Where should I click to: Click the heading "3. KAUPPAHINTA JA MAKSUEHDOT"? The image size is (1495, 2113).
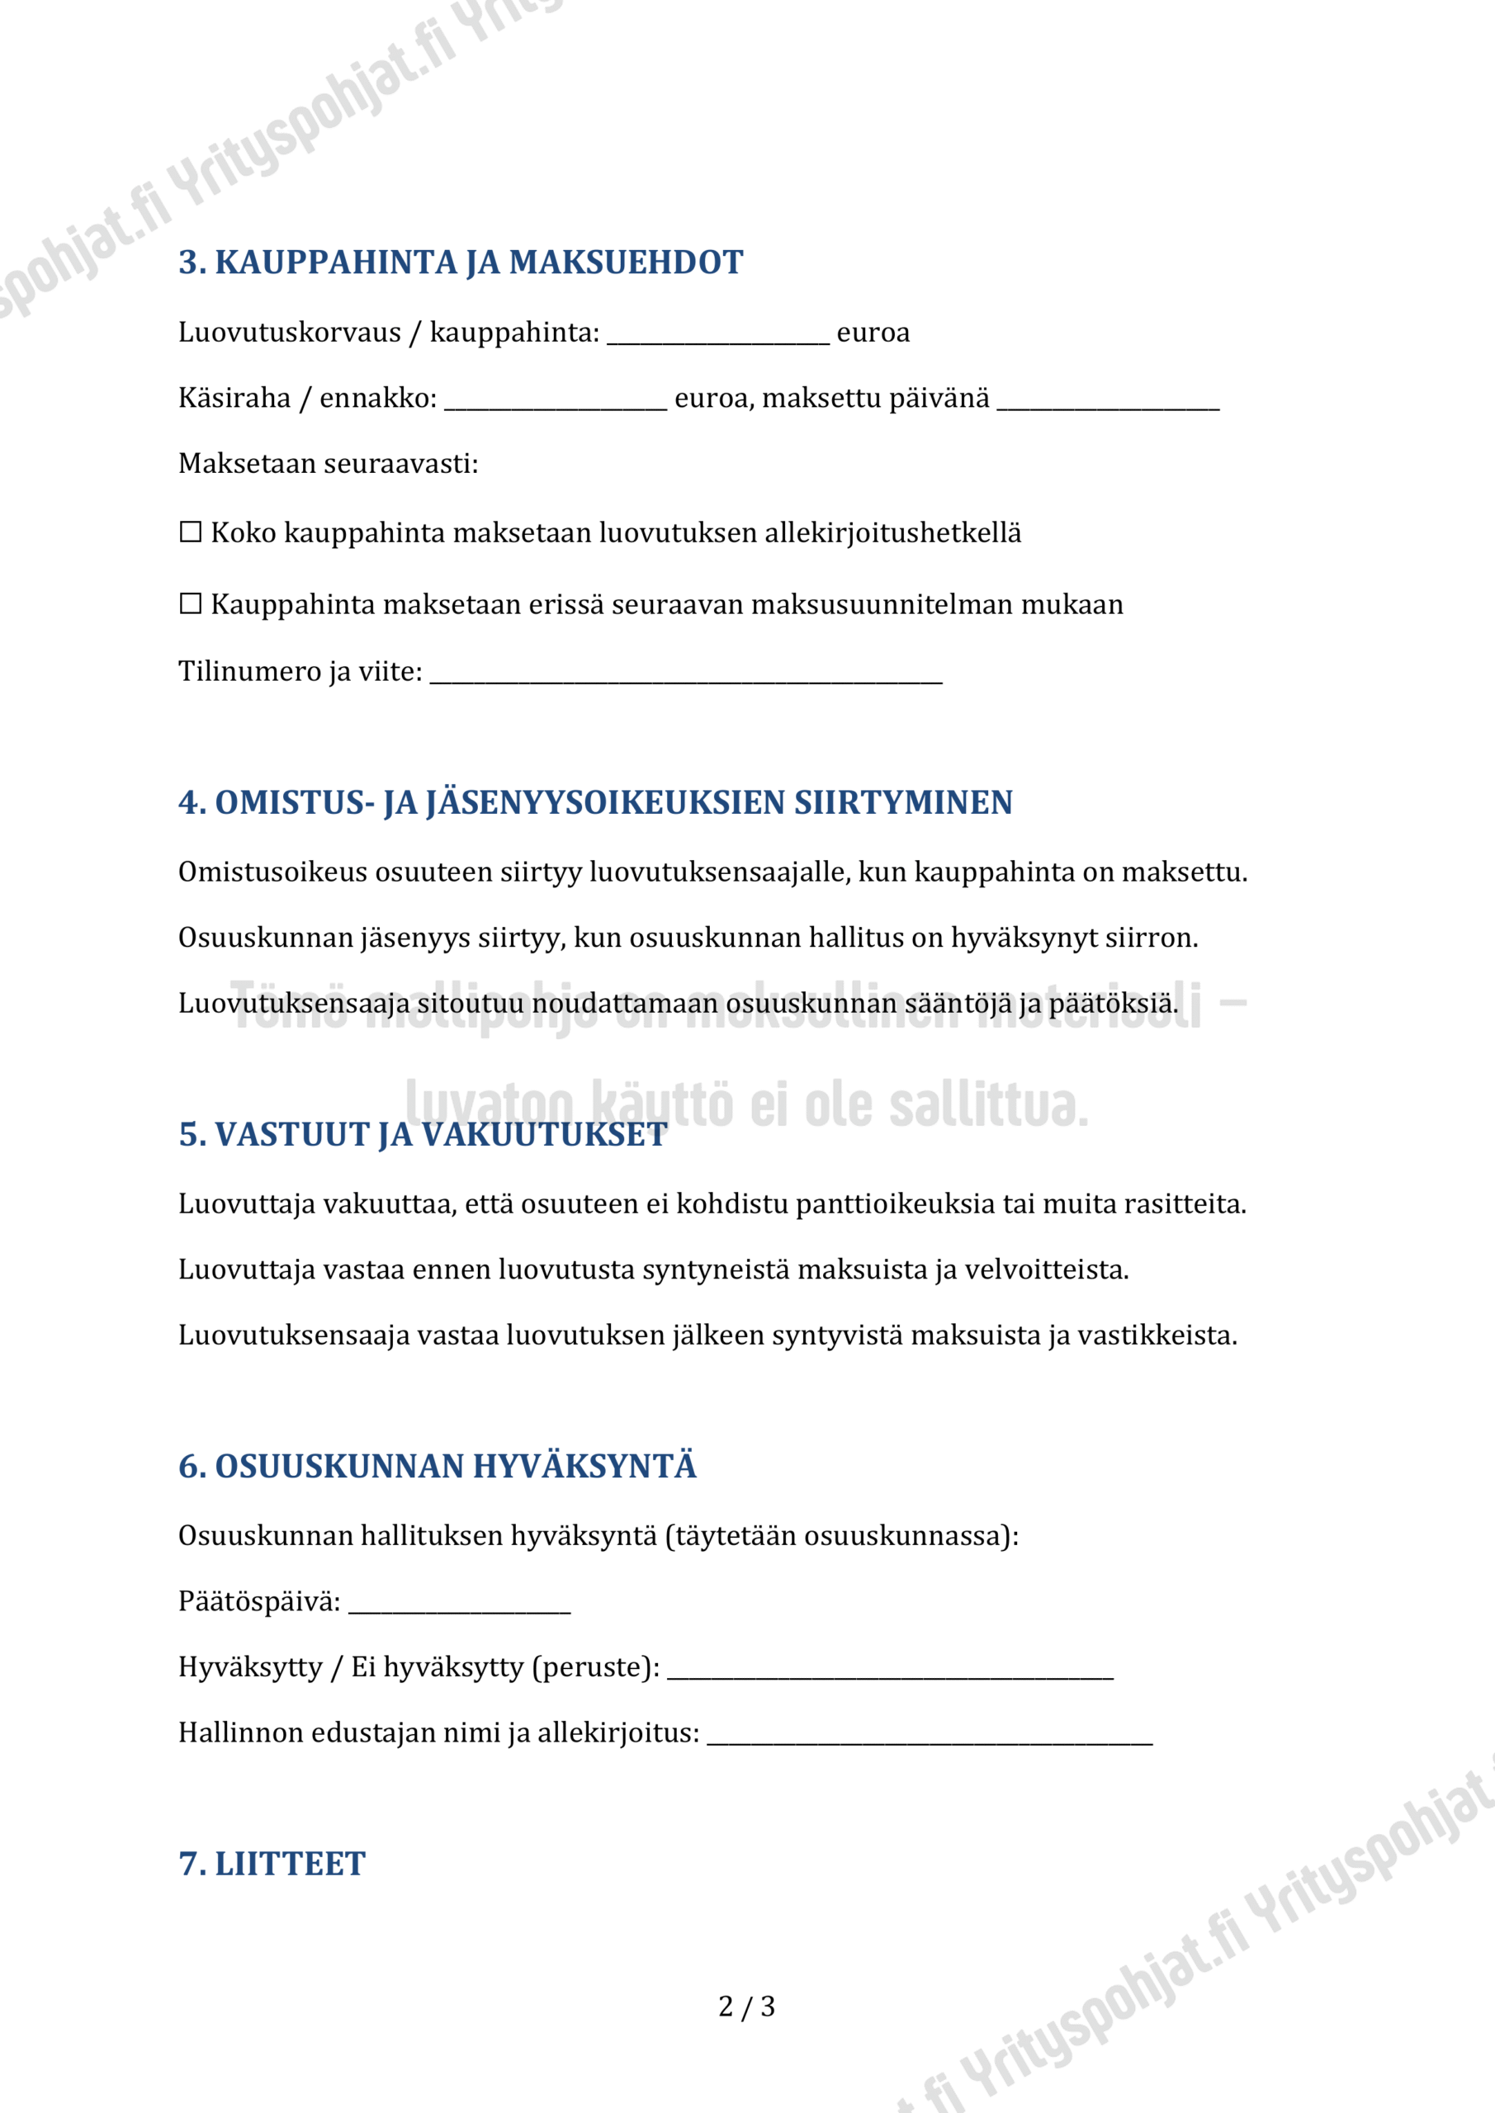461,262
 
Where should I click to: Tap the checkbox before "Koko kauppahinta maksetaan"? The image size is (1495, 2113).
191,532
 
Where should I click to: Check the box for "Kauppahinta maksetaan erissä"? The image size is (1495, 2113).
191,603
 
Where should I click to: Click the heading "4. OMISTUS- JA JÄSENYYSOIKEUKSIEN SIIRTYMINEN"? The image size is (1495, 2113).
594,802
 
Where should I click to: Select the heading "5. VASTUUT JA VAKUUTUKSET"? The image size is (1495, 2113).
423,1135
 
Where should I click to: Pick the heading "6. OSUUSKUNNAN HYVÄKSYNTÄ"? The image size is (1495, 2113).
438,1466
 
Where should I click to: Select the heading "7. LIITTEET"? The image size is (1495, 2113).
272,1864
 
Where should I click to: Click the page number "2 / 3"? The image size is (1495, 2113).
746,2007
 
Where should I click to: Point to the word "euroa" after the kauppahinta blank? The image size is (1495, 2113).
873,333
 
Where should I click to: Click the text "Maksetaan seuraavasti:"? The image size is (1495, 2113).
328,463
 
